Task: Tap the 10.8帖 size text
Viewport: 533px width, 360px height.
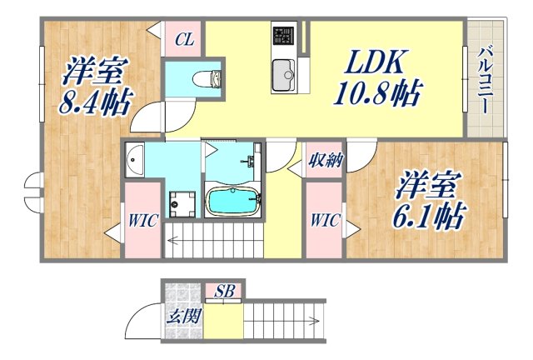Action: (x=376, y=90)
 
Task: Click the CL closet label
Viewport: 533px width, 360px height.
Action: (x=184, y=39)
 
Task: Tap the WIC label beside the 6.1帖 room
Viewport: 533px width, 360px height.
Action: (x=324, y=221)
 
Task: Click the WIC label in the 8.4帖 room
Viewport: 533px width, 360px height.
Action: (x=142, y=221)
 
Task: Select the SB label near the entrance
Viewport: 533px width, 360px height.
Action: (x=223, y=291)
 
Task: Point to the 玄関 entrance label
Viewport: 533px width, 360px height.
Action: (x=182, y=316)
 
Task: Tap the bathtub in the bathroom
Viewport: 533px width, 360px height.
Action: (x=234, y=202)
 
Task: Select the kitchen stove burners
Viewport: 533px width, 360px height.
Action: (x=282, y=37)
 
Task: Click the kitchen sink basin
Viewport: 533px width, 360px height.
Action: (x=282, y=72)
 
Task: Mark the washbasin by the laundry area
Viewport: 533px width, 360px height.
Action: (x=134, y=160)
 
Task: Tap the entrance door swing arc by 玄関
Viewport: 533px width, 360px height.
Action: (x=142, y=321)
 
